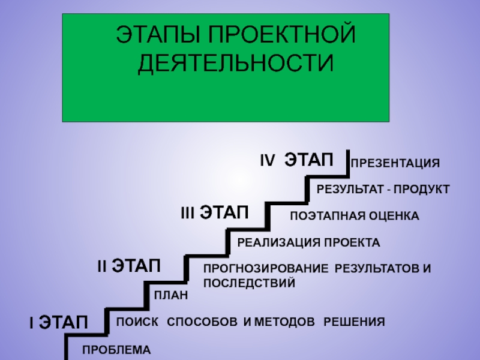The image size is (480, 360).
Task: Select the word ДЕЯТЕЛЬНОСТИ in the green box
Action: click(235, 62)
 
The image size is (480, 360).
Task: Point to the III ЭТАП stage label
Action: click(214, 212)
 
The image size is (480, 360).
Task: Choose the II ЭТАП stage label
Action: click(129, 265)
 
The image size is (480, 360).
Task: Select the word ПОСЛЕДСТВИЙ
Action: click(249, 281)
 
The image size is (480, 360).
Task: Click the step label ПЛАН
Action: click(171, 295)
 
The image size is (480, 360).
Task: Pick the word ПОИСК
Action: click(137, 322)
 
